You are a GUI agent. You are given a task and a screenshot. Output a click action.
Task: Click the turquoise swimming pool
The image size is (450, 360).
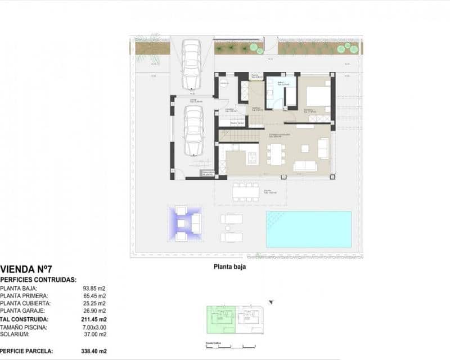308,229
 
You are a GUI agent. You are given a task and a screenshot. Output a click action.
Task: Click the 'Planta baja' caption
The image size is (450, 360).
229,268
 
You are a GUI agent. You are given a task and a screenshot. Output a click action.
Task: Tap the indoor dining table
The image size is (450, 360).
276,154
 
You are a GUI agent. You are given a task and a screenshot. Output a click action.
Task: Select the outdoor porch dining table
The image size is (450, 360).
245,191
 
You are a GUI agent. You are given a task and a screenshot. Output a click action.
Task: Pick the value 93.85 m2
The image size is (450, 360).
94,288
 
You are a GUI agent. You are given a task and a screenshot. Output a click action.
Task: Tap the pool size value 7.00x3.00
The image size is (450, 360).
94,327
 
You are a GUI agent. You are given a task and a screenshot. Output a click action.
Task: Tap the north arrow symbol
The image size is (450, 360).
273,303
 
